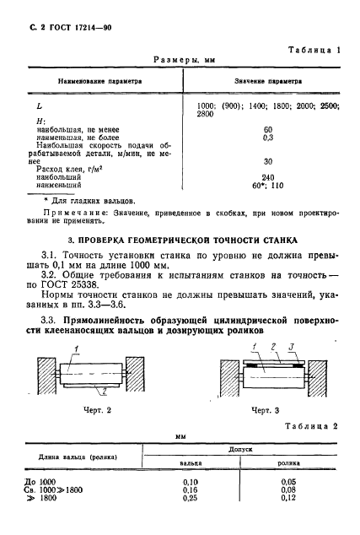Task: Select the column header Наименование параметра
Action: tap(99, 82)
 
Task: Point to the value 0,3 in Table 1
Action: tap(269, 137)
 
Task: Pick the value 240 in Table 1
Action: tap(269, 176)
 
